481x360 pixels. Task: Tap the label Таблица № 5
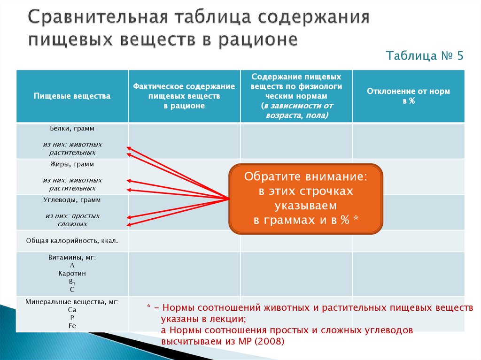425,56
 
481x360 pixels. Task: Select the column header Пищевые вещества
72,96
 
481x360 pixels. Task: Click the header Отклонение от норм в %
408,96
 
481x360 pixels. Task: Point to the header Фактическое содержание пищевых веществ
184,96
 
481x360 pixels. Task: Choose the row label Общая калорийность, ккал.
72,241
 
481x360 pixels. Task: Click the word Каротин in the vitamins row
72,273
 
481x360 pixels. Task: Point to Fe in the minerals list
72,325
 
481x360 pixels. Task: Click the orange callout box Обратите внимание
306,199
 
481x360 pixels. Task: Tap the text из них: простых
72,216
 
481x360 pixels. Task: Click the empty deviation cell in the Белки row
408,141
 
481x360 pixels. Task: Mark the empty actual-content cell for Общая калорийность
184,241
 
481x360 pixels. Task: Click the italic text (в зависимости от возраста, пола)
296,110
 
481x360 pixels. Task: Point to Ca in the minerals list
72,310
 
